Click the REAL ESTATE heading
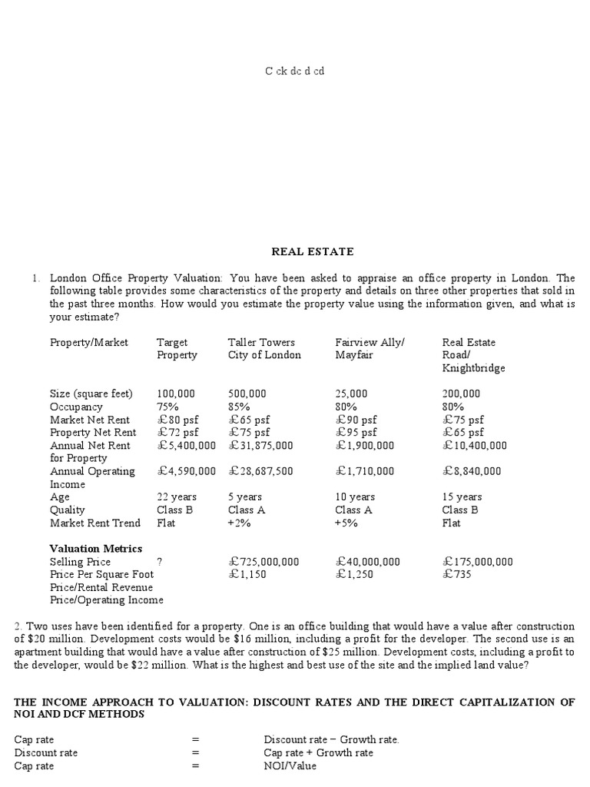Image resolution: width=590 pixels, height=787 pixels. tap(312, 251)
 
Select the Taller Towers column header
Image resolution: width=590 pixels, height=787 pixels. tap(264, 349)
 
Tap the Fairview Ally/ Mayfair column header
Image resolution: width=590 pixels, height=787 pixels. tap(370, 349)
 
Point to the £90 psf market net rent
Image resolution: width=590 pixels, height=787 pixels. tap(356, 420)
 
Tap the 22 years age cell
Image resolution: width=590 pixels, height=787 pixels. tap(177, 497)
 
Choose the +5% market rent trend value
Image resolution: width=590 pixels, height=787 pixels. tap(346, 523)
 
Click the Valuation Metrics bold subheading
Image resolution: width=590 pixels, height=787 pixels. tap(96, 549)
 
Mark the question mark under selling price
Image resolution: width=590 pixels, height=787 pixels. tap(160, 562)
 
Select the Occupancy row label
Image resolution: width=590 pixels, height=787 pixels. tap(76, 407)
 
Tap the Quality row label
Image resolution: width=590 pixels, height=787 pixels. tap(68, 510)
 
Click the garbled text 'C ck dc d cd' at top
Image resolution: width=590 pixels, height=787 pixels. tap(295, 71)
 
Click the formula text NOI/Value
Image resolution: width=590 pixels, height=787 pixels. tap(290, 766)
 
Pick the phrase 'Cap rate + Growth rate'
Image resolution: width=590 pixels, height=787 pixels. tap(318, 753)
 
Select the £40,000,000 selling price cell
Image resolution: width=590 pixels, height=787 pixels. tap(368, 562)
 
